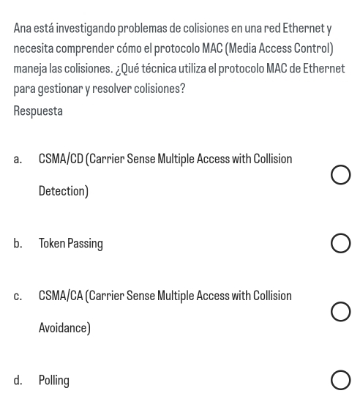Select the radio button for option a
(340, 175)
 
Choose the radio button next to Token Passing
(340, 243)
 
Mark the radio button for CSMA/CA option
(340, 312)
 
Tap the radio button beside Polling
(340, 380)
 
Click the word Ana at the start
(23, 28)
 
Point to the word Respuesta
(38, 111)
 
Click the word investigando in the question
(86, 29)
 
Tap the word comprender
(85, 49)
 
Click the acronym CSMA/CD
(61, 159)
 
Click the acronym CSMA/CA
(61, 296)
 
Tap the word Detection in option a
(62, 191)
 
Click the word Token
(52, 243)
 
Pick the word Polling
(54, 381)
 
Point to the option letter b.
(18, 244)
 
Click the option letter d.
(18, 380)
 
